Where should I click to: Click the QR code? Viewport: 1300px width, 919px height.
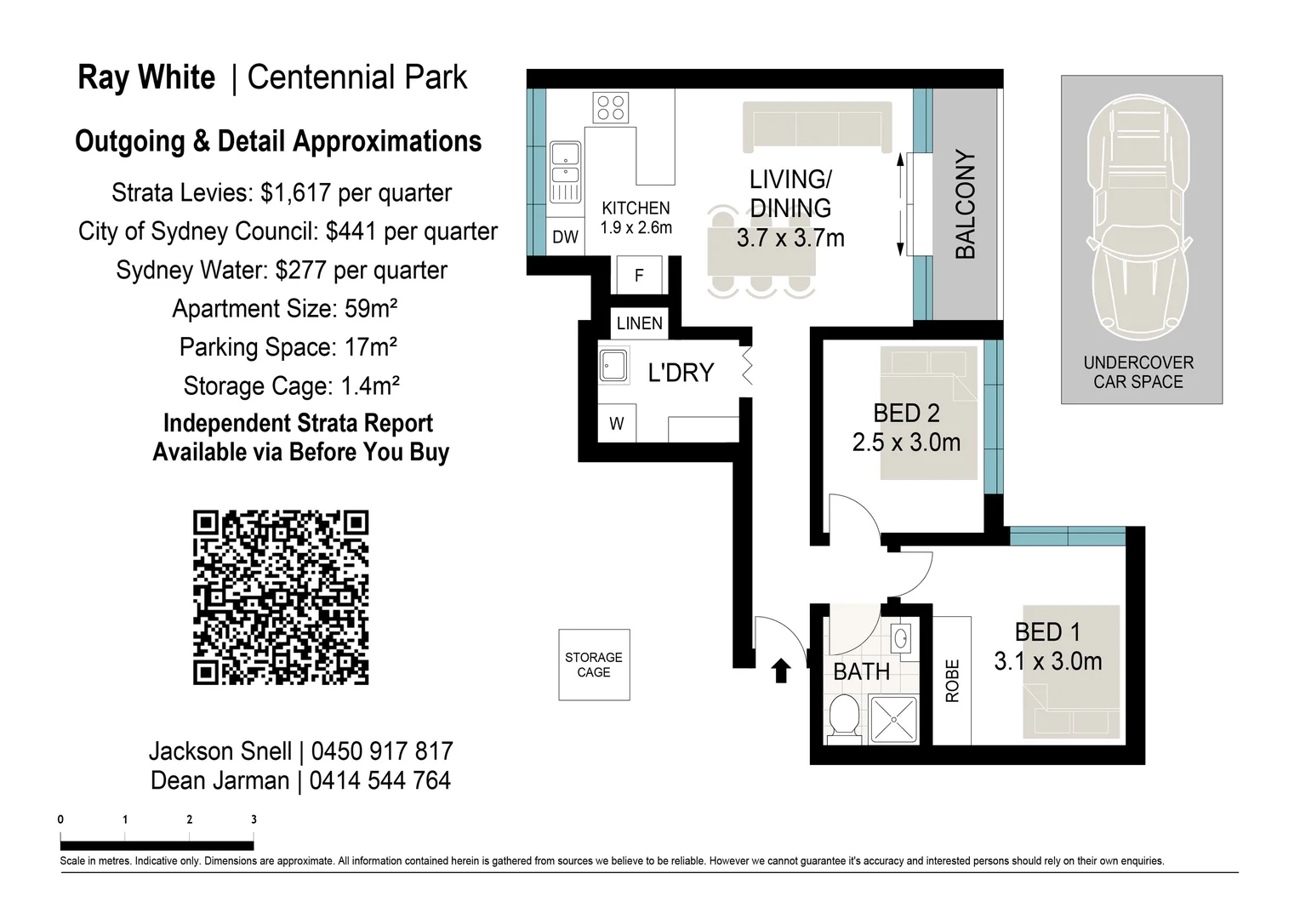tap(281, 597)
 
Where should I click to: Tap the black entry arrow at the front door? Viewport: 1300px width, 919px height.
tap(780, 671)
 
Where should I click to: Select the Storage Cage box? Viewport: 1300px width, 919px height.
tap(594, 665)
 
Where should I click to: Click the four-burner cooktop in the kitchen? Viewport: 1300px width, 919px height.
tap(611, 108)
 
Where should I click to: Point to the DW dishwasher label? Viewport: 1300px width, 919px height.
tap(565, 237)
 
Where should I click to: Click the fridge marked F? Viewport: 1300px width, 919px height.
tap(640, 275)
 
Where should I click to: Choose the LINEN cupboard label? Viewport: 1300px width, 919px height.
tap(640, 323)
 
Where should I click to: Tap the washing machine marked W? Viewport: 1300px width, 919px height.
tap(617, 424)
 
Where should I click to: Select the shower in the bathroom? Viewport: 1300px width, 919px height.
tap(893, 721)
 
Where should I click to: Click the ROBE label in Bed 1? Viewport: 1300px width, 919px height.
tap(952, 681)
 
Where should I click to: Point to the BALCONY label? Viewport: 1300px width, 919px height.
tap(966, 204)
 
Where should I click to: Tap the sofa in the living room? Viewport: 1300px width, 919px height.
tap(818, 127)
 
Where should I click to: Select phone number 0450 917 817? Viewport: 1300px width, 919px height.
tap(382, 751)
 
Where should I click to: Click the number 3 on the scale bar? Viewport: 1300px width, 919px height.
tap(254, 820)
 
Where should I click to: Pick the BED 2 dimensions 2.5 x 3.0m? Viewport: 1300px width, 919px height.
tap(906, 442)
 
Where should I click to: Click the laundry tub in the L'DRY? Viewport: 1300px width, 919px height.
tap(613, 365)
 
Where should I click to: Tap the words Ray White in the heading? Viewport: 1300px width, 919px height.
tap(146, 78)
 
